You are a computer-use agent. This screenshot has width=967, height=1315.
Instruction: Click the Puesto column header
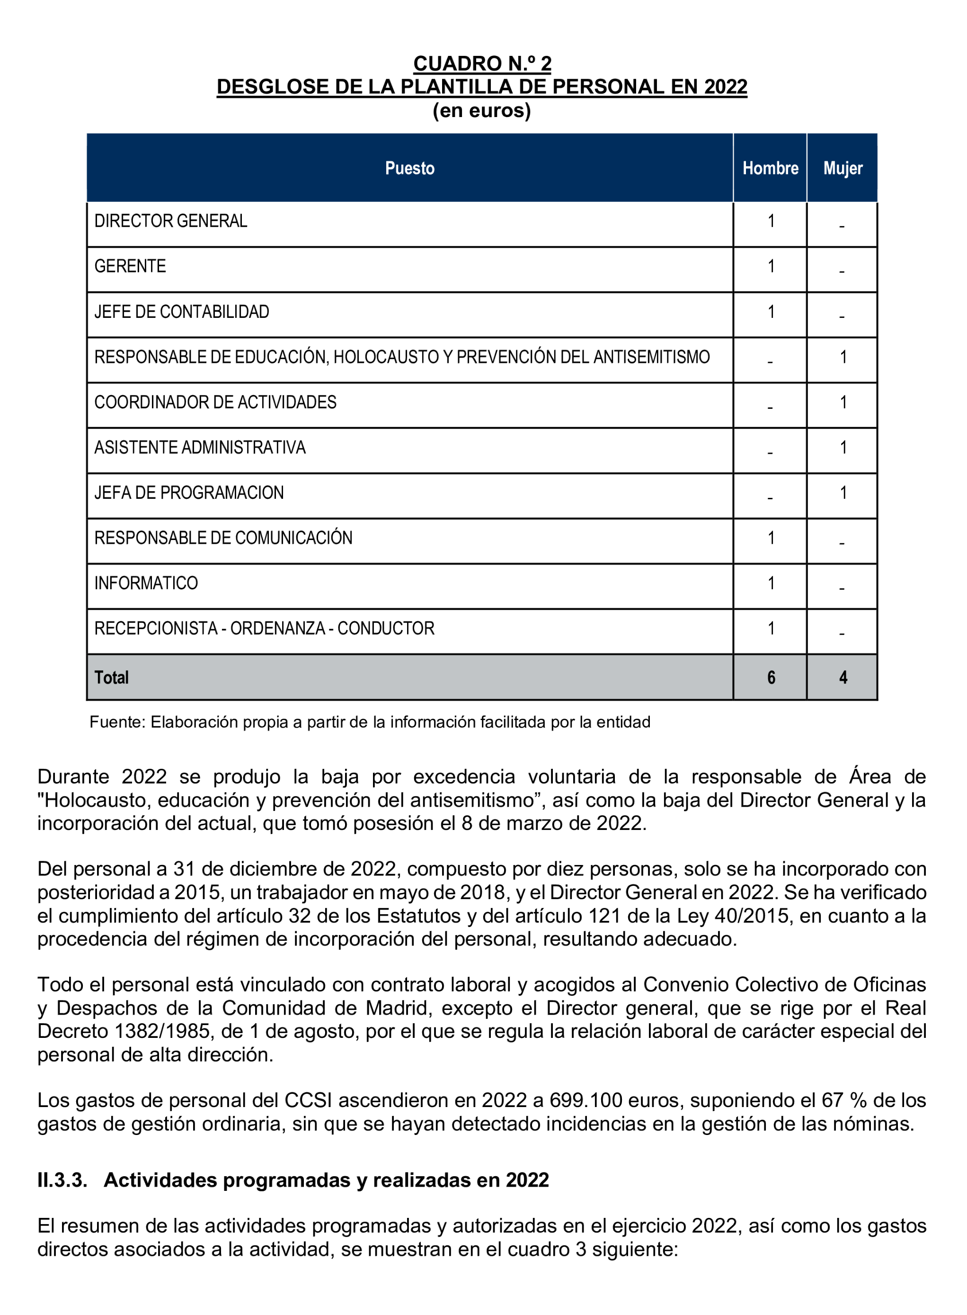coord(410,168)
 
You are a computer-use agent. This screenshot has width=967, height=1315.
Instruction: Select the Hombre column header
coord(770,168)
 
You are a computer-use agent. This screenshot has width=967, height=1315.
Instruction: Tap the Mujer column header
coord(843,168)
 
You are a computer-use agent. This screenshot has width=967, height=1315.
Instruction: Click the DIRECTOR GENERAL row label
coord(170,221)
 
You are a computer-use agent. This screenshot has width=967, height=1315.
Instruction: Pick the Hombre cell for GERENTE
coord(771,267)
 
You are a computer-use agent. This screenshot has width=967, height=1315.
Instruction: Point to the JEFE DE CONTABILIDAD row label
coord(181,312)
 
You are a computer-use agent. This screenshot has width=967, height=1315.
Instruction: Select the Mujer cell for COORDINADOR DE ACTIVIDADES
coord(843,402)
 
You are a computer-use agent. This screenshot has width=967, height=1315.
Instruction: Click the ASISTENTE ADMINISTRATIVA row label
coord(200,448)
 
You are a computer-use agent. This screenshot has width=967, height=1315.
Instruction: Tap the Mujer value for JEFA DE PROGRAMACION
coord(843,493)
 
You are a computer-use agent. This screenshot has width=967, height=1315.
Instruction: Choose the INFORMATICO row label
coord(146,584)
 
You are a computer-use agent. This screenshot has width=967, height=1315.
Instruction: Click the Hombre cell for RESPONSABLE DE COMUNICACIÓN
coord(771,538)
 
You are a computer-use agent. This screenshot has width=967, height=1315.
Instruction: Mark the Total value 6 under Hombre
coord(771,678)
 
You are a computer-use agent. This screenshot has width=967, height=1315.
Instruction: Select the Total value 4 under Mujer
coord(843,678)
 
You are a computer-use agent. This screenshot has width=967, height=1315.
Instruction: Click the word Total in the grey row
coord(111,678)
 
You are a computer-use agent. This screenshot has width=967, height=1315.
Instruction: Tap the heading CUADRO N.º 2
coord(482,63)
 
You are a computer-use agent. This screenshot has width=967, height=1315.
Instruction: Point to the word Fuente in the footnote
coord(116,722)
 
